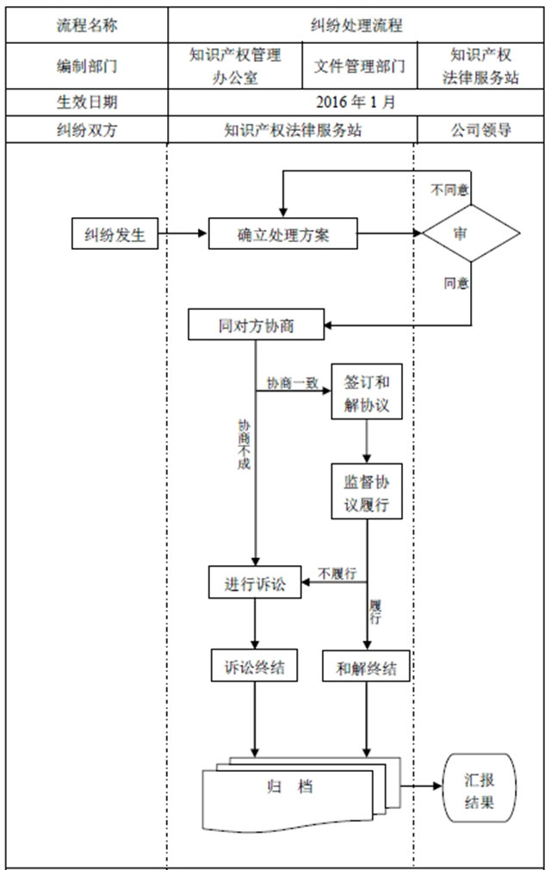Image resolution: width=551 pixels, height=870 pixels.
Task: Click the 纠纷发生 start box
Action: pyautogui.click(x=115, y=233)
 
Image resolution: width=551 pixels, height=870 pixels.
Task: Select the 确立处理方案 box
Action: pyautogui.click(x=282, y=233)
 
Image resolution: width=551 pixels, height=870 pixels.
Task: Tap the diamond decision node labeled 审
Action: pyautogui.click(x=470, y=233)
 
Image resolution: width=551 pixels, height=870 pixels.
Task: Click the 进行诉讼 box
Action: pyautogui.click(x=256, y=583)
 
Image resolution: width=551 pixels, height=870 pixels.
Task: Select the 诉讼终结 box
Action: pyautogui.click(x=255, y=665)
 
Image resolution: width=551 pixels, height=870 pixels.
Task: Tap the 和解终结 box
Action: pyautogui.click(x=368, y=665)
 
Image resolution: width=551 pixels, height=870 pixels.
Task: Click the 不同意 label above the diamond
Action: pyautogui.click(x=449, y=187)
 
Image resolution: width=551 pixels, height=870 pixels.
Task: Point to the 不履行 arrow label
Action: pyautogui.click(x=337, y=573)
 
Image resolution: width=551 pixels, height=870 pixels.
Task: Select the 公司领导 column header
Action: pyautogui.click(x=480, y=130)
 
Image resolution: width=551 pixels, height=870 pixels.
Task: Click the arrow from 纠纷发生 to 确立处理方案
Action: pyautogui.click(x=183, y=233)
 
